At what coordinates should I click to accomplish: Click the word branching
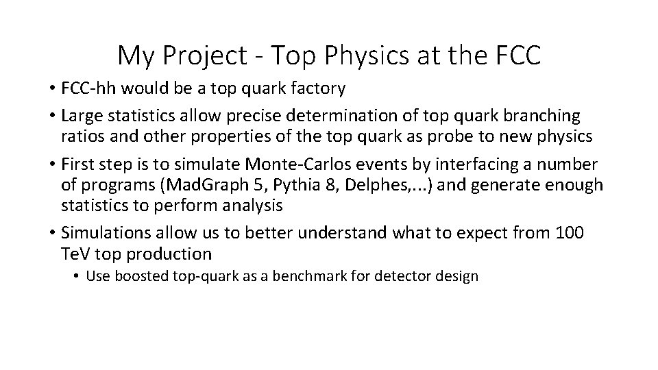541,116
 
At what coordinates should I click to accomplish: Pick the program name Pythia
300,185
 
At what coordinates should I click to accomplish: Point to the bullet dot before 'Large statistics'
52,116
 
